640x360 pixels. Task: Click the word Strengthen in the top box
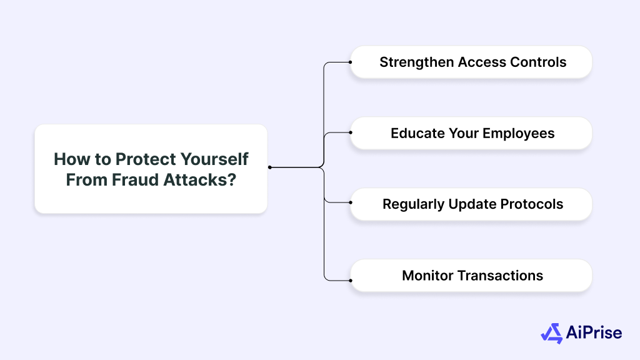coord(417,62)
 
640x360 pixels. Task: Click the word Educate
coord(417,133)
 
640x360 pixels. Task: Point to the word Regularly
coord(413,204)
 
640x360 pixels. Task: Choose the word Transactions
coord(500,276)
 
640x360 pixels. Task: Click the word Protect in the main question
coord(146,159)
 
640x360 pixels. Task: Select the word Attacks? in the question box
coord(200,179)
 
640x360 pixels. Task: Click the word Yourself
coord(215,159)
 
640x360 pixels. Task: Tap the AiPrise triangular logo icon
coord(552,334)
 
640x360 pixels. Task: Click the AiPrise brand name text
coord(594,332)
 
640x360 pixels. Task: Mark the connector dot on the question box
coord(270,167)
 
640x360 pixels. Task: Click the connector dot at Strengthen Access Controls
coord(350,62)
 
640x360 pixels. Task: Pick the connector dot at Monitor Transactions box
coord(351,281)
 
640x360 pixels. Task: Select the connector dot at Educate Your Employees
coord(351,132)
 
